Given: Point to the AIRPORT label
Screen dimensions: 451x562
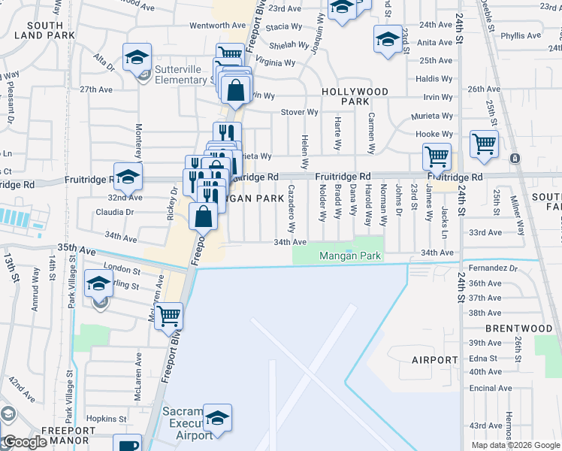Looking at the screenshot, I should pyautogui.click(x=434, y=360).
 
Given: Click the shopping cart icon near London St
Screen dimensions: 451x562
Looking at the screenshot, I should pyautogui.click(x=168, y=314).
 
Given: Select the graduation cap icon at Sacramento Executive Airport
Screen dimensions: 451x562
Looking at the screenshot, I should pyautogui.click(x=217, y=417).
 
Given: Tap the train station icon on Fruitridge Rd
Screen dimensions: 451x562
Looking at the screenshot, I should pyautogui.click(x=515, y=159).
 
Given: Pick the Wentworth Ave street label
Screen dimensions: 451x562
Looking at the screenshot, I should pyautogui.click(x=217, y=25).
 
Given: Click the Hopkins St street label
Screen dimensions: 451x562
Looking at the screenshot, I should pyautogui.click(x=105, y=419).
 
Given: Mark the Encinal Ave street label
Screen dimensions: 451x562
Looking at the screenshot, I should pyautogui.click(x=491, y=388).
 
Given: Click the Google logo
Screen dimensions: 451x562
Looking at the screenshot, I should pyautogui.click(x=24, y=442).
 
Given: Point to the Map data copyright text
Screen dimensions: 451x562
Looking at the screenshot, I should pyautogui.click(x=515, y=445).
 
